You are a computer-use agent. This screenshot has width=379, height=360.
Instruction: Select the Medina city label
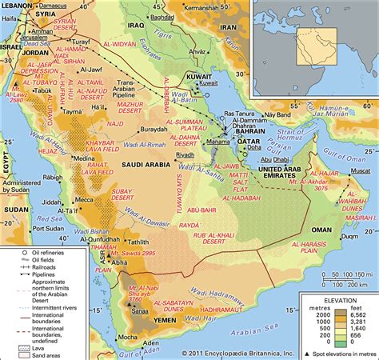(x=83, y=158)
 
